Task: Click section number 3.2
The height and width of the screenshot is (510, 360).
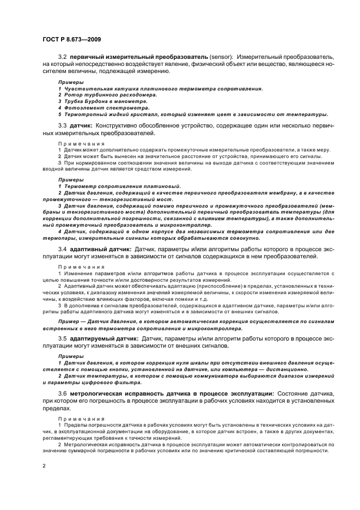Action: click(62, 57)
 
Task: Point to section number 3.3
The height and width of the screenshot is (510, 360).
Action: click(62, 125)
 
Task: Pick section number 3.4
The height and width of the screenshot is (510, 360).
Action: click(62, 248)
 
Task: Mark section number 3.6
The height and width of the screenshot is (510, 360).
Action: click(62, 393)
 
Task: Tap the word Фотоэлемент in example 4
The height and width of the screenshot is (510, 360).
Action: click(80, 108)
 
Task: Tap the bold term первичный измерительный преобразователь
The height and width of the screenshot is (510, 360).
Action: click(139, 57)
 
